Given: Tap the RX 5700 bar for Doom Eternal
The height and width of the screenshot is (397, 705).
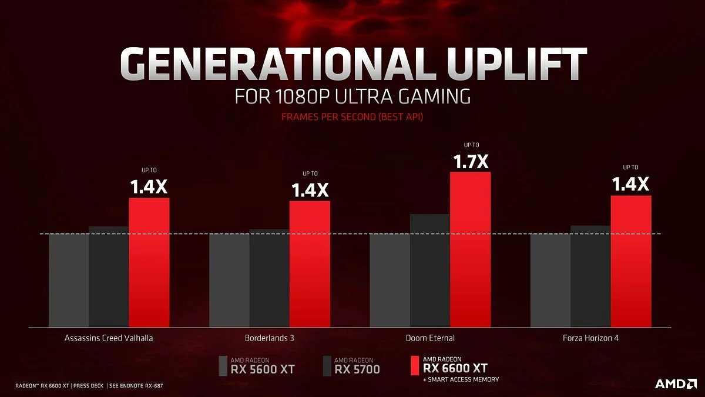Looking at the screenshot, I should click(x=430, y=270).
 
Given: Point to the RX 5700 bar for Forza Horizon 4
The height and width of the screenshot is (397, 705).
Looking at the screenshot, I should click(x=590, y=276).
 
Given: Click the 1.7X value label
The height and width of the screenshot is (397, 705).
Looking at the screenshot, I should click(x=471, y=161).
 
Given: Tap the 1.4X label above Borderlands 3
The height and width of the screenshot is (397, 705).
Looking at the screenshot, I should click(x=310, y=190).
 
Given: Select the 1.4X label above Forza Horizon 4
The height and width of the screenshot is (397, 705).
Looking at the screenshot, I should click(x=630, y=185).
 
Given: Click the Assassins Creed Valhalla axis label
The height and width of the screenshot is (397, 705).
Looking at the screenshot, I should click(x=109, y=338).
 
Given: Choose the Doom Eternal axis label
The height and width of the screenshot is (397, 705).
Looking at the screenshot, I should click(x=430, y=338).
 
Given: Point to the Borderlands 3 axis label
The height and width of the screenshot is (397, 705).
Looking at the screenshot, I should click(x=269, y=338).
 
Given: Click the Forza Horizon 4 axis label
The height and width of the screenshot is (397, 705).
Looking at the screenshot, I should click(x=590, y=338).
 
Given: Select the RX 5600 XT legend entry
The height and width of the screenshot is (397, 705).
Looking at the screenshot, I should click(x=262, y=369).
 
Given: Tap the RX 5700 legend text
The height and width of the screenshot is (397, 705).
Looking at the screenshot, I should click(x=357, y=369).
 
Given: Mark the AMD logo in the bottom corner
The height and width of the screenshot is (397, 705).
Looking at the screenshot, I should click(x=676, y=383).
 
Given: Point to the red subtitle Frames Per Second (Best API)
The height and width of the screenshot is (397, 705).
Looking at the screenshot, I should click(x=352, y=117).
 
